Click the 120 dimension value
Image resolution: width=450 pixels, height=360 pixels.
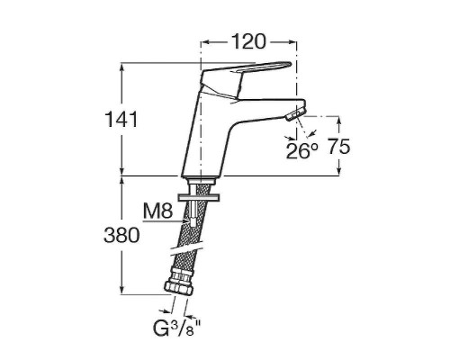248,42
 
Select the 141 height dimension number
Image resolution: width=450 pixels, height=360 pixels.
121,119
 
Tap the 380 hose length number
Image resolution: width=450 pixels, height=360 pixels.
121,235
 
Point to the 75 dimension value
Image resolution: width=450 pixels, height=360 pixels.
338,147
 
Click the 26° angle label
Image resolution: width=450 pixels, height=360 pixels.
301,150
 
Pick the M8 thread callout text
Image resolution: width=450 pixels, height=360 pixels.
157,211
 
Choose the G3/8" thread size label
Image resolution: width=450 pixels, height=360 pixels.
176,328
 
